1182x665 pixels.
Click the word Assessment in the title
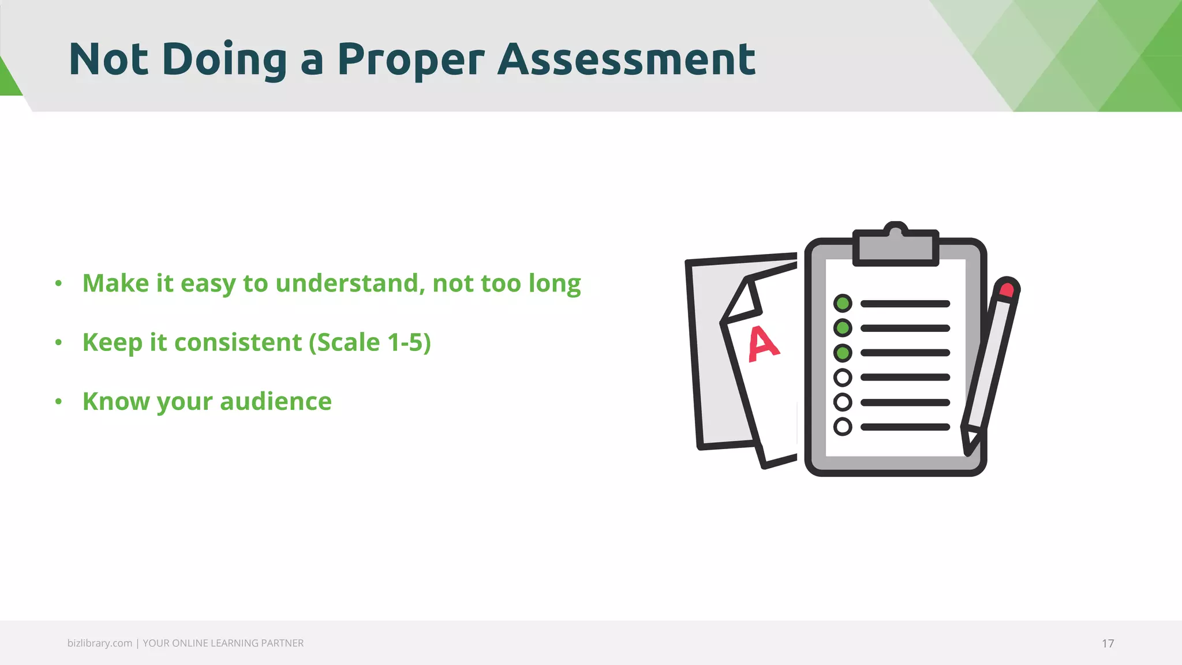[x=626, y=59]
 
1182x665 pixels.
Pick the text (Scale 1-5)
[x=370, y=342]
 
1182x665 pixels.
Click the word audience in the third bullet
[x=276, y=401]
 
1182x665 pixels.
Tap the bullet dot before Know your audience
[x=58, y=401]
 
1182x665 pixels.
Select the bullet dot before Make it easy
[x=58, y=283]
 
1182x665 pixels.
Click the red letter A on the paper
[x=763, y=344]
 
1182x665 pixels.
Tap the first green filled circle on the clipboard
[x=843, y=303]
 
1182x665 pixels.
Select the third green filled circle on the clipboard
[x=843, y=353]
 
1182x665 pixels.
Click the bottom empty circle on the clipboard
[x=843, y=427]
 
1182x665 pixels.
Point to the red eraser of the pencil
[x=1007, y=289]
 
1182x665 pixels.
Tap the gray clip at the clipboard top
[x=896, y=246]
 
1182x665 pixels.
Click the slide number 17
[x=1108, y=644]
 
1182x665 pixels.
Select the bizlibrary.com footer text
[x=99, y=643]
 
